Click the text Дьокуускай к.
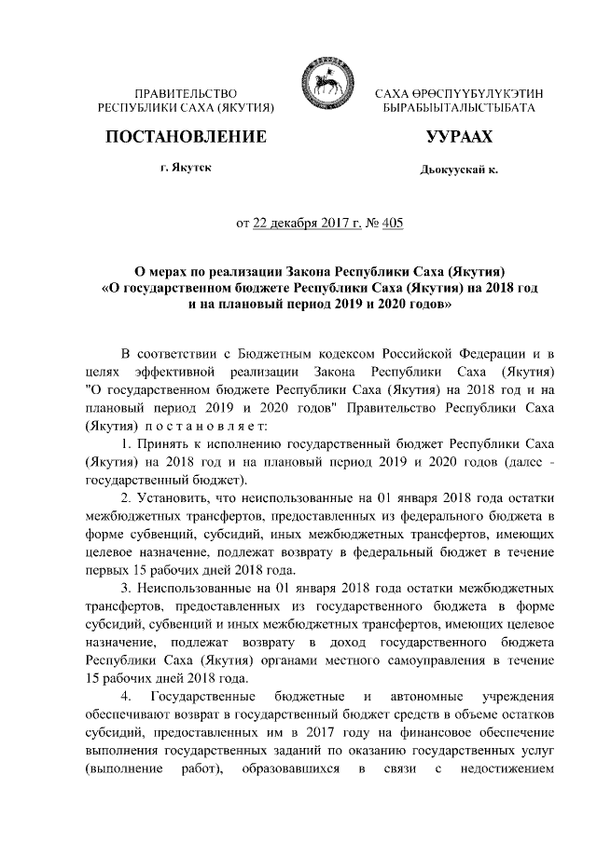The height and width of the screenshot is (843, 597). point(459,171)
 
